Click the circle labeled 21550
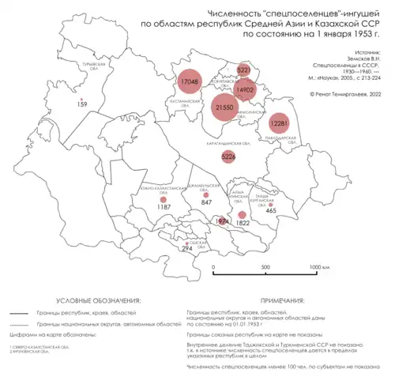(224, 107)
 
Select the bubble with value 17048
(189, 81)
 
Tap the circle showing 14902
(245, 90)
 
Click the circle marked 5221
(243, 70)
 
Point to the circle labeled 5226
(228, 157)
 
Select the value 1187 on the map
(164, 206)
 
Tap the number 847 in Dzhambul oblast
(207, 203)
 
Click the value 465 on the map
(271, 210)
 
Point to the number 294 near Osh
(187, 249)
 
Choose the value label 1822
(243, 224)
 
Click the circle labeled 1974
(223, 221)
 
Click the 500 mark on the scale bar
(265, 267)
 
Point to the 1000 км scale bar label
(318, 267)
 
